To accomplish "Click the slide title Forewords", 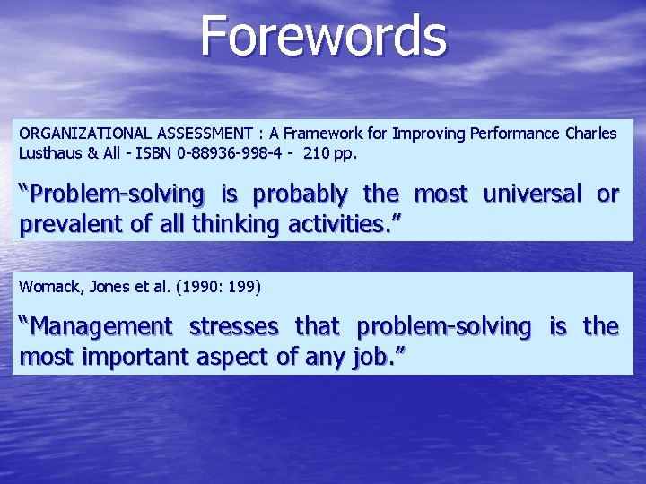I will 323,36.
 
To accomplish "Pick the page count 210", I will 318,152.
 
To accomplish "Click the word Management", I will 98,327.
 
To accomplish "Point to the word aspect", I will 229,358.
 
